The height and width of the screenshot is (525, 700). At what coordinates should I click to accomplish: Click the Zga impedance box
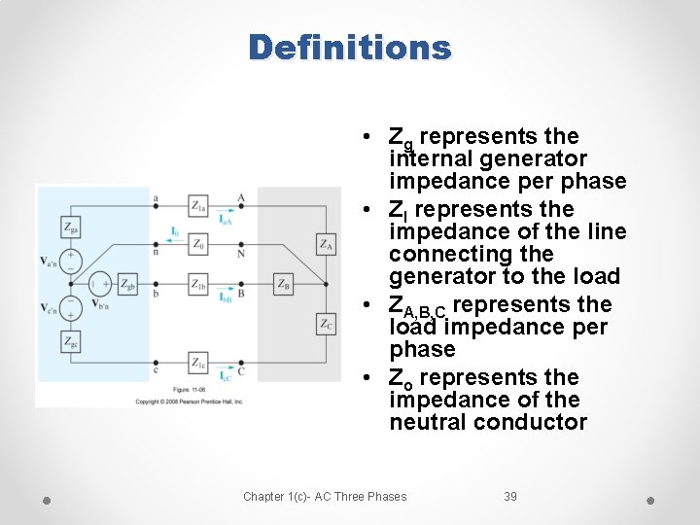pos(72,227)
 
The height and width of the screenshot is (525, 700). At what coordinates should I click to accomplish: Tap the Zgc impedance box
pos(72,341)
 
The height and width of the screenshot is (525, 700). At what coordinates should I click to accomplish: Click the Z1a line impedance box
pos(198,206)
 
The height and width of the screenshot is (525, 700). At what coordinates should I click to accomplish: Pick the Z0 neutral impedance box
pos(198,244)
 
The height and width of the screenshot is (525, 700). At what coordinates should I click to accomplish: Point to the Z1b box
pos(198,284)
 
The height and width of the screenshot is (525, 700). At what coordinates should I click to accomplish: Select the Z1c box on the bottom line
pos(198,364)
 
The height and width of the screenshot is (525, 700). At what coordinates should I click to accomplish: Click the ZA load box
pos(326,244)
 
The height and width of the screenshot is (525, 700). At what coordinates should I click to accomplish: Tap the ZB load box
pos(283,284)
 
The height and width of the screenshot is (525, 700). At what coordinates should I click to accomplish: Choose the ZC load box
pos(326,323)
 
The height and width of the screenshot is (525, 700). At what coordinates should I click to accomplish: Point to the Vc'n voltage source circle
pos(72,305)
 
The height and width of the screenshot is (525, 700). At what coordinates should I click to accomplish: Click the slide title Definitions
pos(350,47)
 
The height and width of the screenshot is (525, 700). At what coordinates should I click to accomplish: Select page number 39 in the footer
pos(510,497)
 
